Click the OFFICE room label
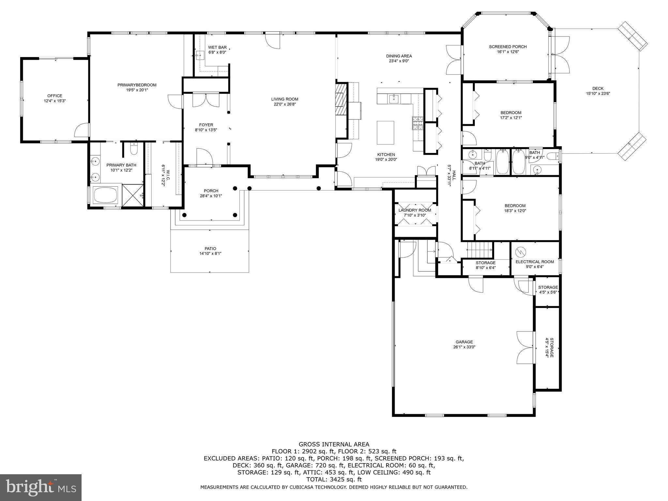(54, 96)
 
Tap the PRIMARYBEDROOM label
(137, 85)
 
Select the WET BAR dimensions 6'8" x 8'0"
(217, 52)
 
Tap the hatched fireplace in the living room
(341, 99)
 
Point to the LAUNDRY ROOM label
(415, 210)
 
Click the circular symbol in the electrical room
(520, 252)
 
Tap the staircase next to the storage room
(480, 250)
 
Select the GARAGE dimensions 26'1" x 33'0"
(464, 347)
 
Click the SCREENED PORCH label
(508, 47)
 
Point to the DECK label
(598, 88)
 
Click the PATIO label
(210, 249)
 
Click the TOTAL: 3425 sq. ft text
(334, 479)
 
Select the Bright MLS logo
(40, 487)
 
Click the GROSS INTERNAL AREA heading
(334, 444)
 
